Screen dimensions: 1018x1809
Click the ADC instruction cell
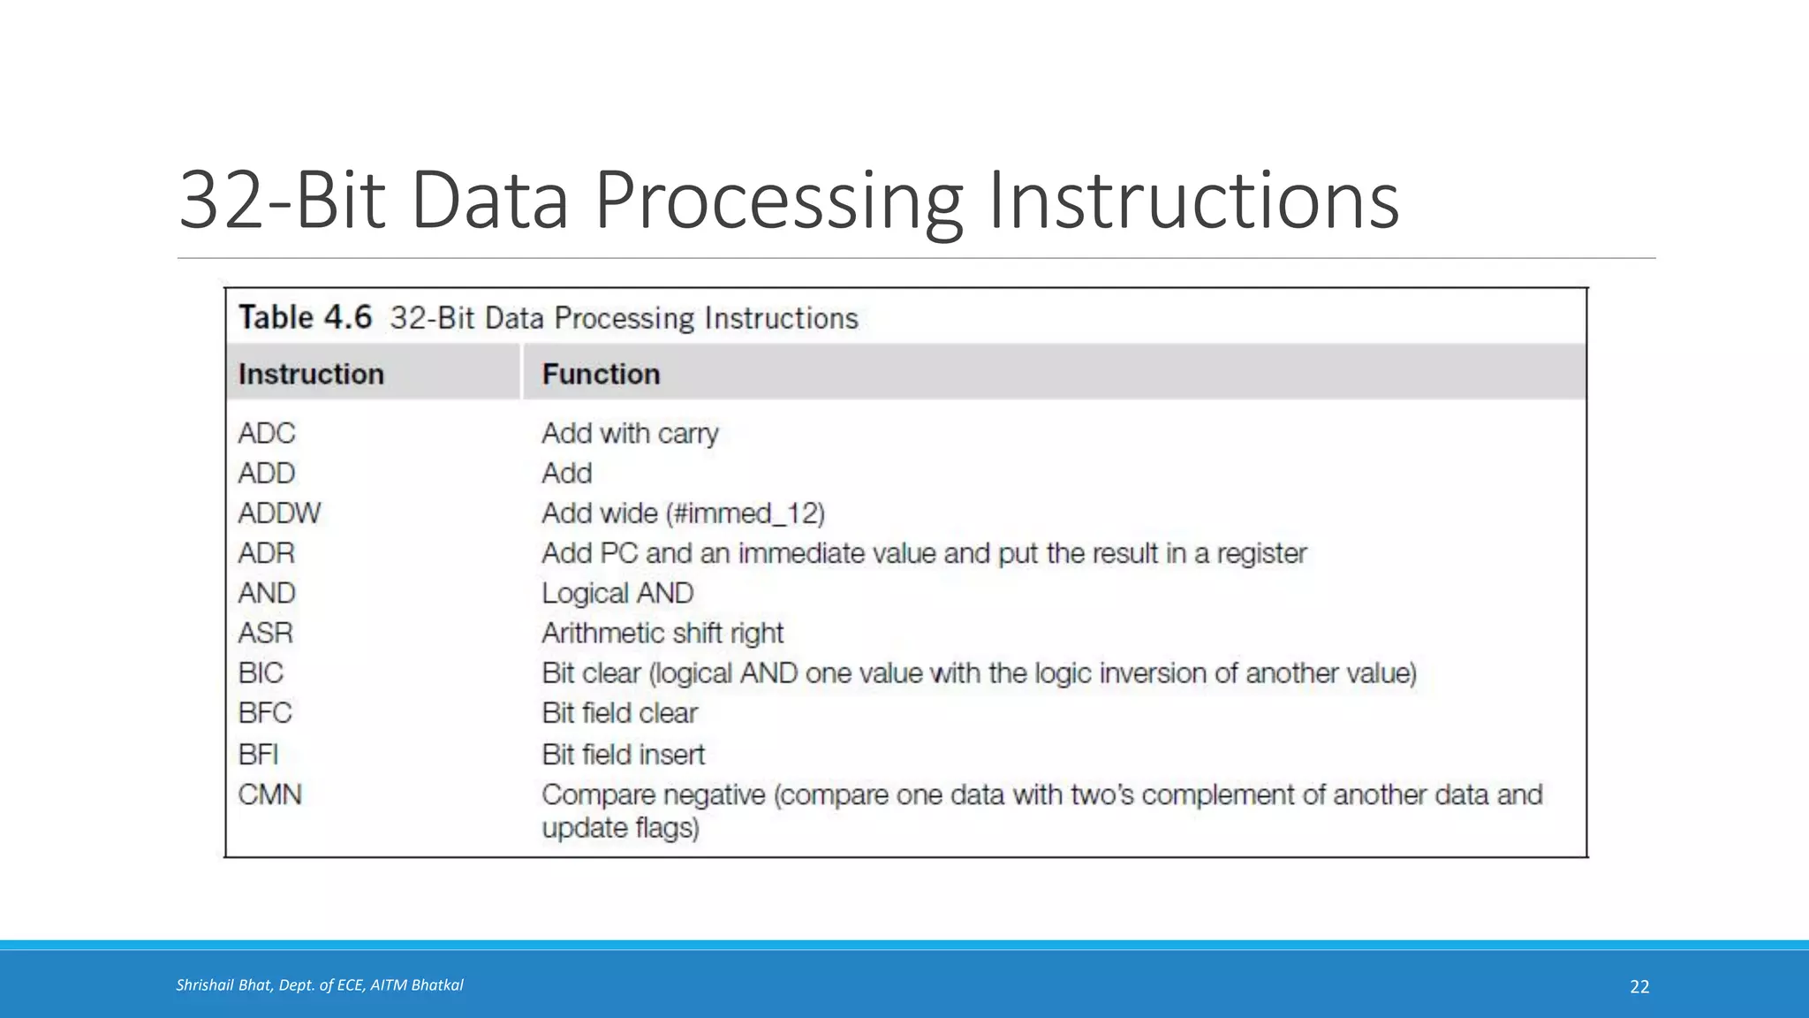point(267,433)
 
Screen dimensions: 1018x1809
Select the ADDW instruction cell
point(279,513)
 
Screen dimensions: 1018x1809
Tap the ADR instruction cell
point(266,553)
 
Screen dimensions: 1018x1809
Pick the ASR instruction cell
point(265,633)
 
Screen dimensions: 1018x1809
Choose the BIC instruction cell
point(261,673)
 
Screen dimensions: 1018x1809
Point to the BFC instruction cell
point(264,713)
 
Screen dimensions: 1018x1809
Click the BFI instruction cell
point(258,755)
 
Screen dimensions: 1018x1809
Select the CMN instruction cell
point(269,794)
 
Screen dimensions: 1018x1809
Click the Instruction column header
point(311,374)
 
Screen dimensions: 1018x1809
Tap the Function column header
point(601,374)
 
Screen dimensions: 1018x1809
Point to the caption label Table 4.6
point(305,317)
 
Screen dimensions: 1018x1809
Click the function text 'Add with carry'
point(630,433)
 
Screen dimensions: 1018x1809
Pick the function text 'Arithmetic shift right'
point(662,633)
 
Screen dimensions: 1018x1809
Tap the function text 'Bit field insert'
point(623,755)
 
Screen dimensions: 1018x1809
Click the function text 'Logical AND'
point(617,593)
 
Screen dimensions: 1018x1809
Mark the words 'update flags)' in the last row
point(620,828)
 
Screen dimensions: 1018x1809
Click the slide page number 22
point(1639,986)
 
